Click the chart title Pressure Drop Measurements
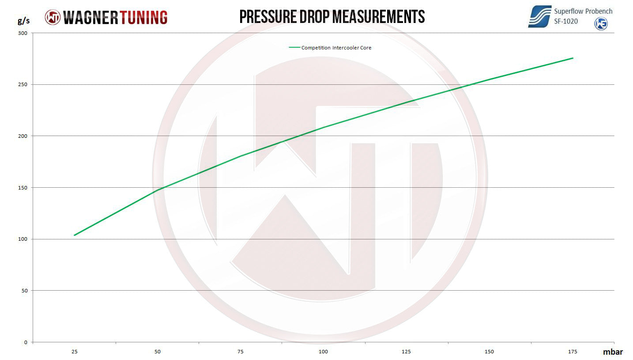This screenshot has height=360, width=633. pyautogui.click(x=332, y=17)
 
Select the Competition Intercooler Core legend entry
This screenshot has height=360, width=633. pyautogui.click(x=336, y=48)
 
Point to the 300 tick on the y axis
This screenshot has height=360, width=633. pyautogui.click(x=23, y=33)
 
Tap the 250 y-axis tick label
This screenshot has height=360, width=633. pyautogui.click(x=23, y=84)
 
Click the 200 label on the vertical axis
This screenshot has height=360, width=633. pyautogui.click(x=23, y=136)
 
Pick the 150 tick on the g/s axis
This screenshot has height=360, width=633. pyautogui.click(x=23, y=188)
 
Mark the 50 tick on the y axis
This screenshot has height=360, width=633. pyautogui.click(x=24, y=291)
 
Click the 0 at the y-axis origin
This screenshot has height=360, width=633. pyautogui.click(x=26, y=342)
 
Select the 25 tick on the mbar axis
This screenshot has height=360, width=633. pyautogui.click(x=75, y=352)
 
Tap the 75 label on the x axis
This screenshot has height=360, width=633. pyautogui.click(x=240, y=352)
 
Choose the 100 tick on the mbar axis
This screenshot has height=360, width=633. pyautogui.click(x=323, y=352)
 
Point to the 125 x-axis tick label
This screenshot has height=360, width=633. pyautogui.click(x=406, y=352)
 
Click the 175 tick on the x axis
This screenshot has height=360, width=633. pyautogui.click(x=572, y=352)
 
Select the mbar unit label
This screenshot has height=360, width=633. pyautogui.click(x=613, y=352)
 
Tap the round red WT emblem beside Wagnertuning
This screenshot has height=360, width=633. pyautogui.click(x=53, y=17)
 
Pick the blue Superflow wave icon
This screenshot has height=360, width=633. pyautogui.click(x=539, y=17)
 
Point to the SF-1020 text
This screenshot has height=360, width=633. pyautogui.click(x=566, y=21)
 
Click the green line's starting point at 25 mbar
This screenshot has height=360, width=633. pyautogui.click(x=75, y=235)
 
